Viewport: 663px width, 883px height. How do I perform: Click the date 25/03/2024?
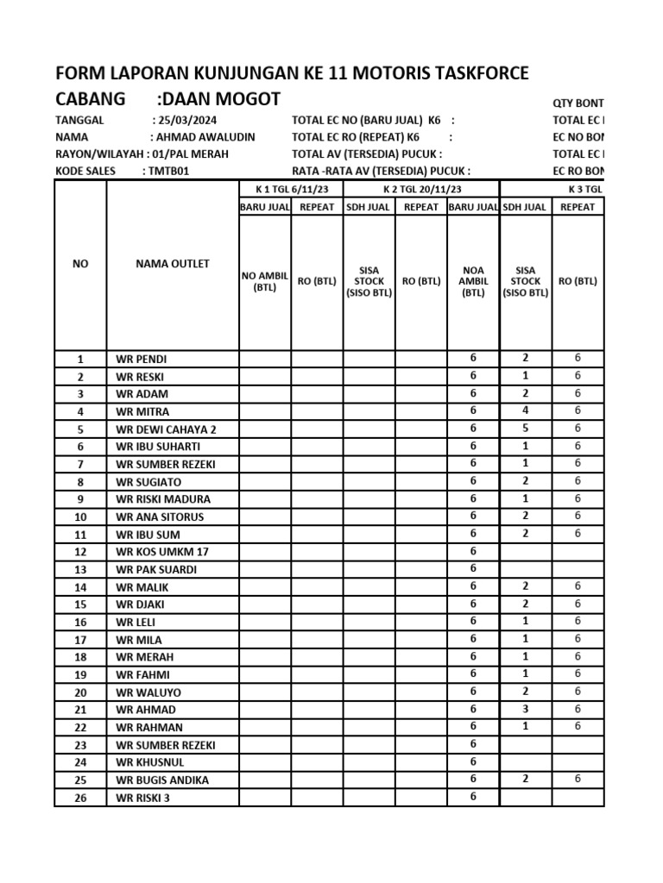click(x=186, y=121)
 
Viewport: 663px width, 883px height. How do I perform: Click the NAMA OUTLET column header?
click(x=173, y=264)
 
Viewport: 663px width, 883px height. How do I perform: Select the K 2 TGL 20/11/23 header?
click(x=421, y=189)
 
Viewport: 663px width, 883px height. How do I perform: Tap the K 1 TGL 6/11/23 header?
click(x=291, y=189)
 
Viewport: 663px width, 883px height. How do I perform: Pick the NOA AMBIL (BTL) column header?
click(x=473, y=280)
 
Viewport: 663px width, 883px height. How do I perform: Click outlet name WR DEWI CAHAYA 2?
click(x=166, y=429)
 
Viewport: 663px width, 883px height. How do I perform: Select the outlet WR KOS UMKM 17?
click(x=162, y=552)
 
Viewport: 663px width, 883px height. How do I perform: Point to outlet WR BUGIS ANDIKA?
click(x=162, y=780)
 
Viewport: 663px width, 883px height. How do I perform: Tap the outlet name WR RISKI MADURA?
click(x=163, y=499)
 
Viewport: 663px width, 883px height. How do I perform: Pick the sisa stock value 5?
click(x=526, y=429)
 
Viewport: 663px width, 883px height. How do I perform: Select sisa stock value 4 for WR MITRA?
click(x=526, y=411)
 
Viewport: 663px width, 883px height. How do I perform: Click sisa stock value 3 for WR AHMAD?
click(x=526, y=709)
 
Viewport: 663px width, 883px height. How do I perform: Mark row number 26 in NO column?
click(x=80, y=798)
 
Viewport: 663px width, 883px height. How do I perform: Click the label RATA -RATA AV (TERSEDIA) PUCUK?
click(x=381, y=171)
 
